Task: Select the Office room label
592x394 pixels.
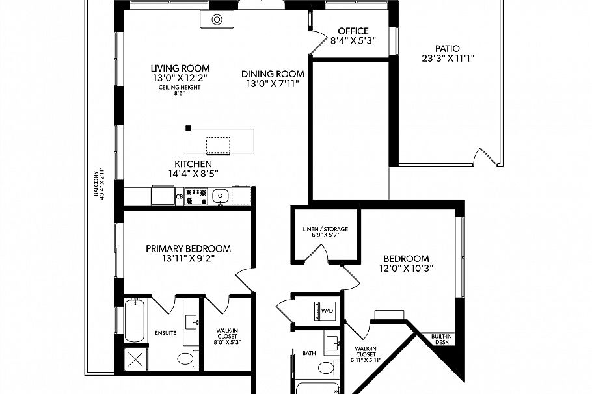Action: pyautogui.click(x=353, y=31)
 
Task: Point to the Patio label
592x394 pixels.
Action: pyautogui.click(x=448, y=48)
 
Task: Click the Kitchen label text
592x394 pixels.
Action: pyautogui.click(x=193, y=164)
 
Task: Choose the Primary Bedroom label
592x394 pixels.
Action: pyautogui.click(x=188, y=248)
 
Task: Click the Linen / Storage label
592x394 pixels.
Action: pyautogui.click(x=325, y=230)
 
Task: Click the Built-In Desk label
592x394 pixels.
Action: pyautogui.click(x=442, y=339)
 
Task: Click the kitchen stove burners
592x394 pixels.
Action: pyautogui.click(x=195, y=196)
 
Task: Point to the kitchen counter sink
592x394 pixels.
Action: pyautogui.click(x=221, y=195)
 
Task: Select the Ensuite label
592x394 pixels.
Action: pyautogui.click(x=165, y=333)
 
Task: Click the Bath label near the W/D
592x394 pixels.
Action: pyautogui.click(x=309, y=354)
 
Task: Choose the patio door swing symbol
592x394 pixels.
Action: pyautogui.click(x=486, y=157)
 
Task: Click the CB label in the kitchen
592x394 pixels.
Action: pyautogui.click(x=179, y=196)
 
